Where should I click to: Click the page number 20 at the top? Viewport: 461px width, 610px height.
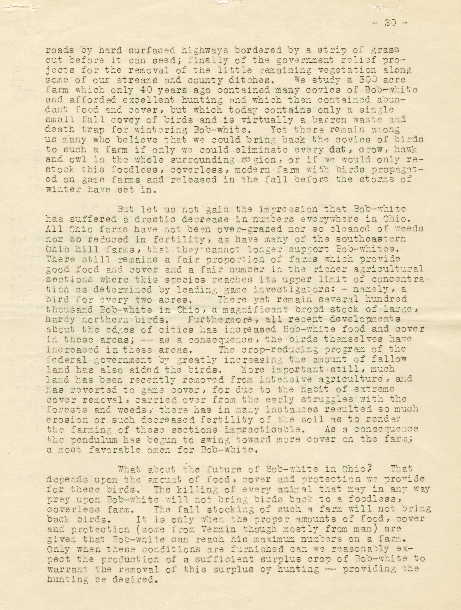(390, 23)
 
